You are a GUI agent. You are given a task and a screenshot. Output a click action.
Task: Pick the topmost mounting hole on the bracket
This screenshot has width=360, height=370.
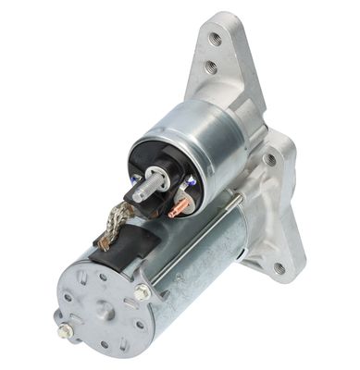[215, 39]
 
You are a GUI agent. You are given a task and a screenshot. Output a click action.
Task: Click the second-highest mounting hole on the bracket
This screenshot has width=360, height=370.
[210, 68]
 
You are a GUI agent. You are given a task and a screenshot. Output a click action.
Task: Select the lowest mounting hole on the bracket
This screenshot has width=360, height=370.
[279, 267]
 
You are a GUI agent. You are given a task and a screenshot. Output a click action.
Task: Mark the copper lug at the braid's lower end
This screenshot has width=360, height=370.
[106, 242]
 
